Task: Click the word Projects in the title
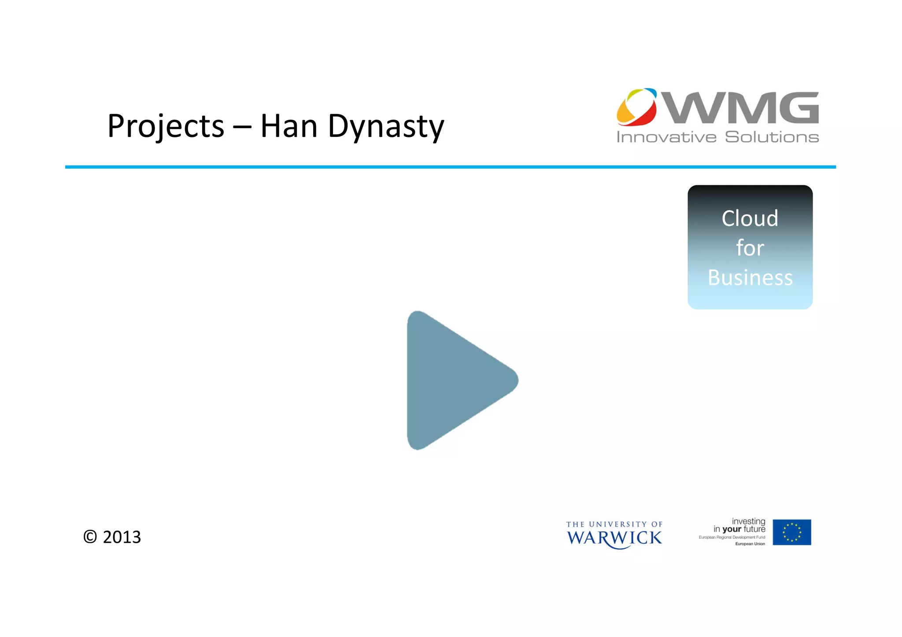click(x=166, y=126)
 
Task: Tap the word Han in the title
click(x=288, y=126)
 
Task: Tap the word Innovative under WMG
click(x=666, y=137)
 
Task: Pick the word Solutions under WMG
click(x=772, y=137)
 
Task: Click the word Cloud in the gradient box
click(x=750, y=218)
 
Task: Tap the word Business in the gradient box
click(x=750, y=277)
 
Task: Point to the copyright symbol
click(x=90, y=537)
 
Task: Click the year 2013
click(x=122, y=537)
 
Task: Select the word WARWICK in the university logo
click(x=614, y=538)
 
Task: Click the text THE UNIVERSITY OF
click(x=614, y=524)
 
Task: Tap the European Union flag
click(x=791, y=532)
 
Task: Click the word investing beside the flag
click(x=748, y=521)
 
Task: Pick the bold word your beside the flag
click(x=732, y=529)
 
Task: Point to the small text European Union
click(x=750, y=544)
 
